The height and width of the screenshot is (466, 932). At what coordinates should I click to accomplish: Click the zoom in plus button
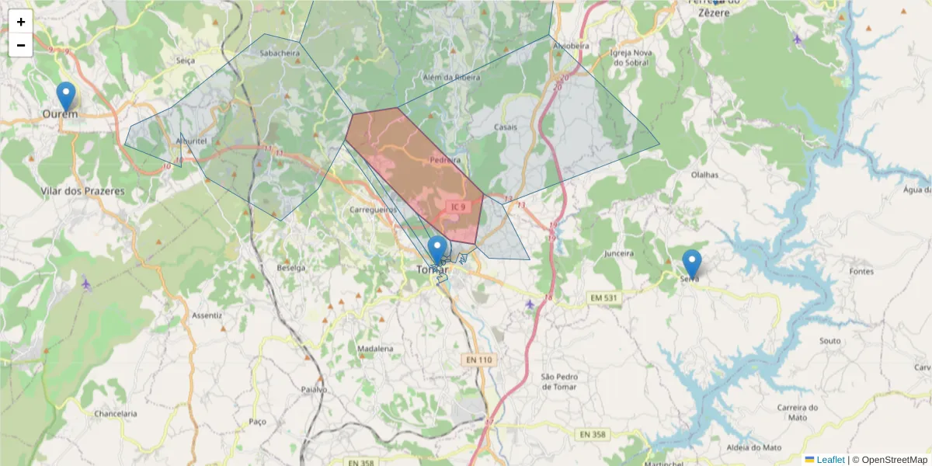tap(21, 22)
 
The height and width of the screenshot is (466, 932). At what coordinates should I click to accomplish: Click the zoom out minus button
tap(21, 45)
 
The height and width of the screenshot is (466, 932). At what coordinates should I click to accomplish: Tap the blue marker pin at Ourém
tap(66, 96)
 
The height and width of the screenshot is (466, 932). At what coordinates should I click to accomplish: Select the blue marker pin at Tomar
tap(437, 250)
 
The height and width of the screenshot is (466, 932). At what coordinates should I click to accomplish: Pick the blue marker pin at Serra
tap(691, 263)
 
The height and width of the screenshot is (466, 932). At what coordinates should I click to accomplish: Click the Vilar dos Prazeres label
tap(82, 190)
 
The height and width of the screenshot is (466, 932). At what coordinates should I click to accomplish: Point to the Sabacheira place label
tap(280, 54)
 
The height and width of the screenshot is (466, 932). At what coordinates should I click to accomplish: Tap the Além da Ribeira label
tap(451, 78)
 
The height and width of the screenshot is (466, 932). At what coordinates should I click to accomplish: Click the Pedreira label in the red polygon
tap(445, 160)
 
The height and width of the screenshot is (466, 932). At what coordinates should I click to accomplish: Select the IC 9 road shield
tap(457, 207)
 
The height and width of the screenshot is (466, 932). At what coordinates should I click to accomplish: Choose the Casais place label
tap(505, 127)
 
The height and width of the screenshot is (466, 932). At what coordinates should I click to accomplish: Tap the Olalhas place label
tap(704, 176)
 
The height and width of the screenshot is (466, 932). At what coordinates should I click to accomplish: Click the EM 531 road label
tap(603, 297)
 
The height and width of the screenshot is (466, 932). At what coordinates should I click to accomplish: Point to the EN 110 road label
tap(479, 360)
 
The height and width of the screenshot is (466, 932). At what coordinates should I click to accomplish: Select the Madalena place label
tap(376, 349)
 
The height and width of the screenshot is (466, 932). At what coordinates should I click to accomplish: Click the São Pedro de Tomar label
tap(558, 381)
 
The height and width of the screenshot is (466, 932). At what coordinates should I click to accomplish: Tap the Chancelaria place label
tap(115, 414)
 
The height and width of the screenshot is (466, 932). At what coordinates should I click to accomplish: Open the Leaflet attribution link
tap(829, 460)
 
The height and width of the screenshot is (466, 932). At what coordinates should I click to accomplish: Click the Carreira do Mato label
tap(798, 412)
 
